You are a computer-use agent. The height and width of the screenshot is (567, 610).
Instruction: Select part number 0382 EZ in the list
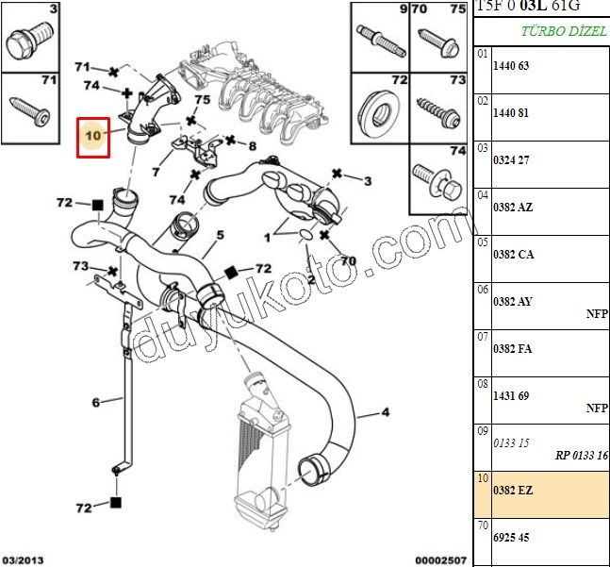point(513,492)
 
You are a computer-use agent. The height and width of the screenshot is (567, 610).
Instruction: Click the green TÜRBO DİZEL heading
point(564,31)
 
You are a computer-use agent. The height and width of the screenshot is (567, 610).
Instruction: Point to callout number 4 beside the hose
point(385,412)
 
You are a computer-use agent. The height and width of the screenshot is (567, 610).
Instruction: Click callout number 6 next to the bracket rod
point(95,403)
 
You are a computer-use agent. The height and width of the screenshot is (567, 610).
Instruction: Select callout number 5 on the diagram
point(219,235)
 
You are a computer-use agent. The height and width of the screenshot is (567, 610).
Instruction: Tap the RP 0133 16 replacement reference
point(582,456)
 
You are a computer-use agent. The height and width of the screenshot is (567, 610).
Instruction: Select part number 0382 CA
point(513,255)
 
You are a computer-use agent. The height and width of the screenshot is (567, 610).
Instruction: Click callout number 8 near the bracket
point(252,146)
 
